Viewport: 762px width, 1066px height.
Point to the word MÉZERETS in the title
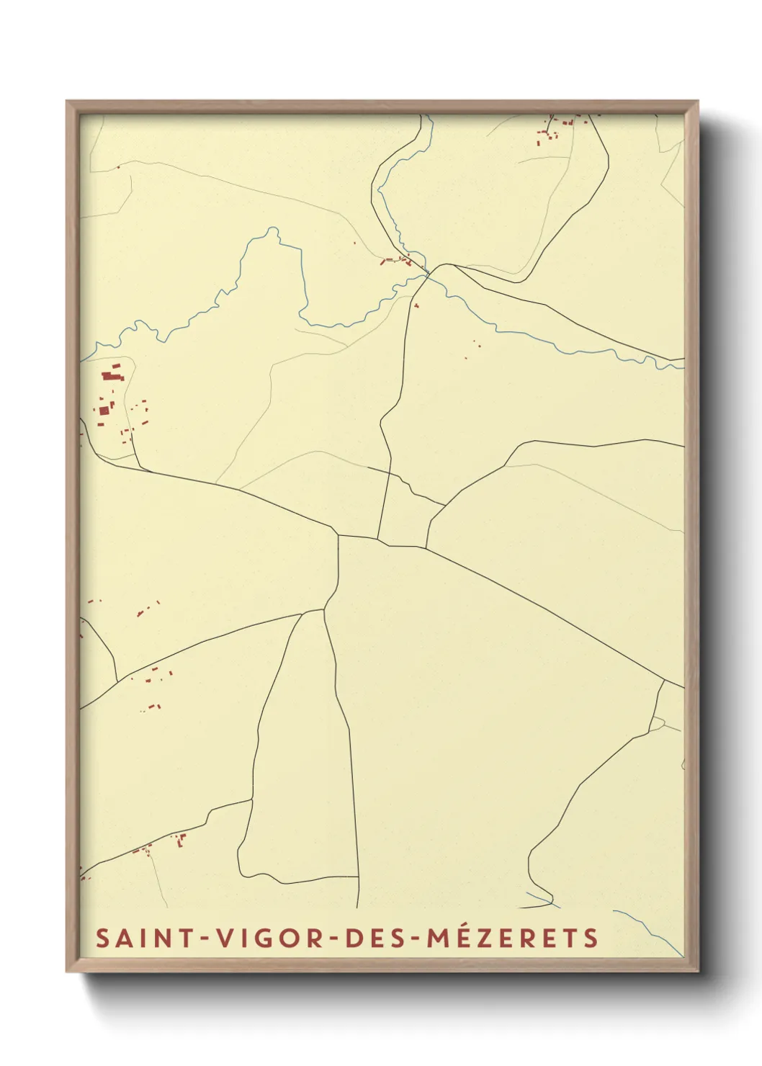(x=514, y=938)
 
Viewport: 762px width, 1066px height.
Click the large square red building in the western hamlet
(x=104, y=411)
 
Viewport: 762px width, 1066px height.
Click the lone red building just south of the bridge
(x=416, y=306)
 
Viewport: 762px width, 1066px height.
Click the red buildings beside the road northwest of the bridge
(x=396, y=260)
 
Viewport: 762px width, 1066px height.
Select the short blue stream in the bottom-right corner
(x=648, y=929)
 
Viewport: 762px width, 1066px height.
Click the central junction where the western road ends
(x=338, y=535)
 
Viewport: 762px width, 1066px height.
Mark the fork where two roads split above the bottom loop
(x=323, y=610)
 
